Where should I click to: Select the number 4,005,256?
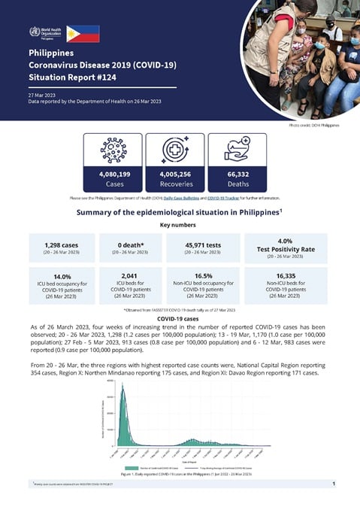(174, 174)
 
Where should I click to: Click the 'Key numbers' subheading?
(180, 224)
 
